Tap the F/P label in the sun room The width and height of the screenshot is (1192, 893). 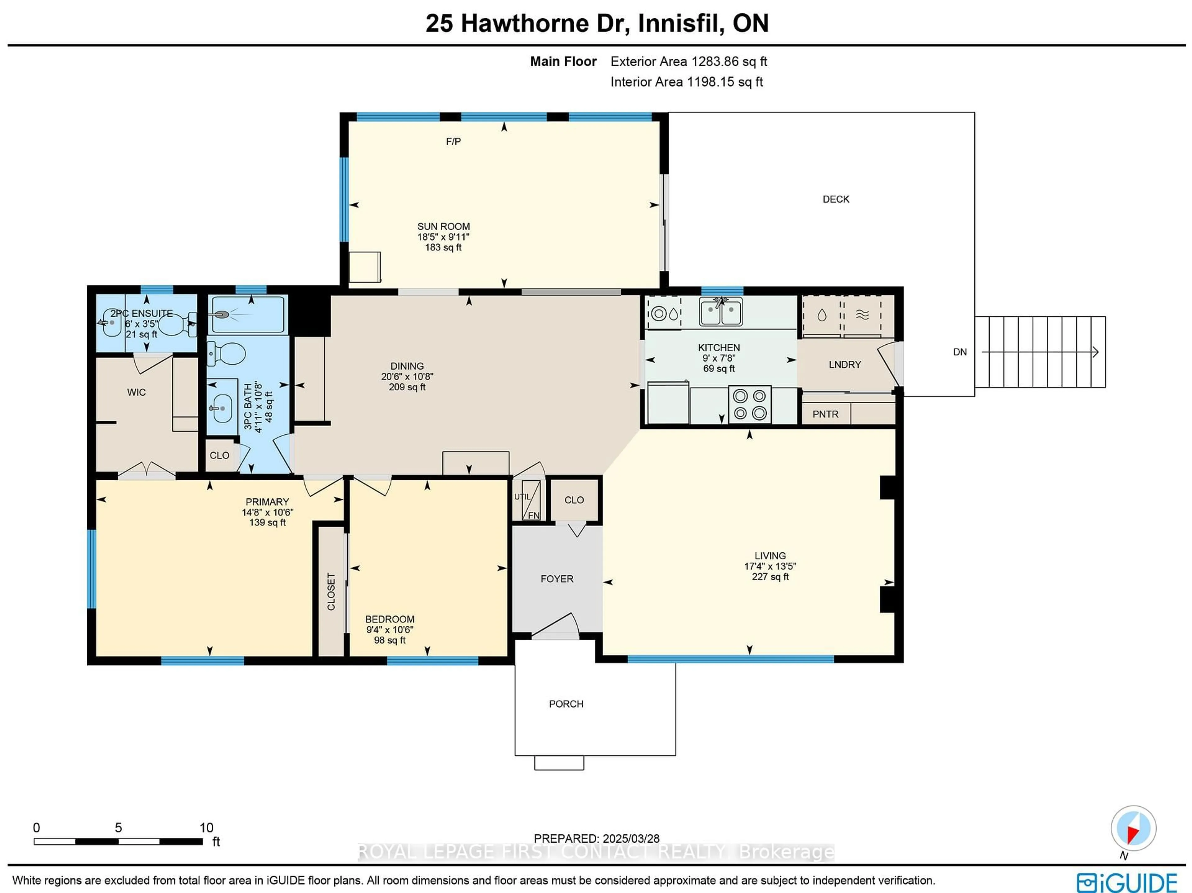tap(453, 142)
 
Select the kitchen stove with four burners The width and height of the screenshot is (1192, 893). tap(750, 404)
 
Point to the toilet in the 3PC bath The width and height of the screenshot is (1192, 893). tap(227, 354)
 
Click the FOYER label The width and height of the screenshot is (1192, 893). tap(557, 579)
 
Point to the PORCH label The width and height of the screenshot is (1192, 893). tap(566, 704)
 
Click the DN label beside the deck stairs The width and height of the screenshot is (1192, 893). tap(960, 352)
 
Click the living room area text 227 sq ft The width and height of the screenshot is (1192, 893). tap(770, 577)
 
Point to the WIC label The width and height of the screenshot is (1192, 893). tap(136, 392)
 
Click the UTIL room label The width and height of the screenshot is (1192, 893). tap(521, 497)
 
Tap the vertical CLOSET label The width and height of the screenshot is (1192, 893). tap(331, 592)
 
